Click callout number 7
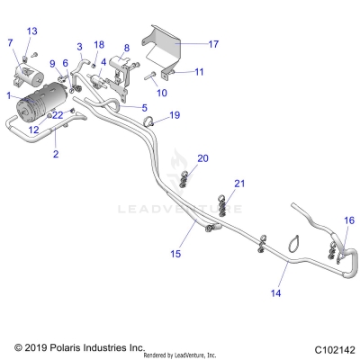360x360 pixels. pyautogui.click(x=10, y=42)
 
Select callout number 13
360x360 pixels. pyautogui.click(x=32, y=31)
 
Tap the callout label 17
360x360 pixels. pyautogui.click(x=213, y=43)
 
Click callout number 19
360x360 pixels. pyautogui.click(x=175, y=115)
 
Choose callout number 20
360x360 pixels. pyautogui.click(x=202, y=158)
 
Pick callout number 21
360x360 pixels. pyautogui.click(x=238, y=184)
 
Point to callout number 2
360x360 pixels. pyautogui.click(x=55, y=155)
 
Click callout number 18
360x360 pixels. pyautogui.click(x=99, y=44)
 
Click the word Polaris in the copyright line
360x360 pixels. pyautogui.click(x=60, y=346)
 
